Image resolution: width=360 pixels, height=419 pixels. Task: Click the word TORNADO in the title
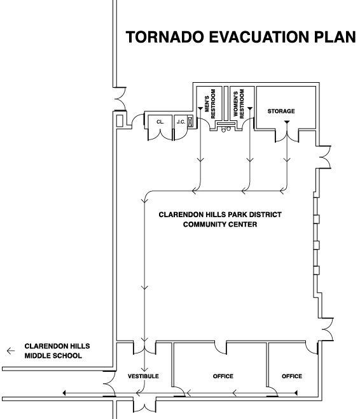tap(165, 37)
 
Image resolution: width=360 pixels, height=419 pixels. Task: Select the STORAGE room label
tap(281, 111)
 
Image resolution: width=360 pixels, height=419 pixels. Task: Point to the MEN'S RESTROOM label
tap(210, 104)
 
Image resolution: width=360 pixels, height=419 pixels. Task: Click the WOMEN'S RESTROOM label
tap(239, 104)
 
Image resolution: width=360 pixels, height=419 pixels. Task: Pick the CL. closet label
tap(160, 122)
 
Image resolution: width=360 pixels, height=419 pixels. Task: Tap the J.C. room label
tap(181, 122)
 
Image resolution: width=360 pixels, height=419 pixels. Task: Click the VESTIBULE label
tap(143, 376)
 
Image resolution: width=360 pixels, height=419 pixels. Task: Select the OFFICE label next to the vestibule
tap(223, 376)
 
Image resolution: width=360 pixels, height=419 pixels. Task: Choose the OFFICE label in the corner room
tap(292, 376)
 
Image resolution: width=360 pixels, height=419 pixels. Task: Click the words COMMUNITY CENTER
tap(220, 224)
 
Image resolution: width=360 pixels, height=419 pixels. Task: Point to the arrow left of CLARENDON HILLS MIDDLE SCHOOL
tap(11, 351)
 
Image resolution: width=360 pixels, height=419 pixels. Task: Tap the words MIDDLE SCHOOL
tap(53, 356)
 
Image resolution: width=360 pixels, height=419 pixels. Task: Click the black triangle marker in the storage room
tap(287, 122)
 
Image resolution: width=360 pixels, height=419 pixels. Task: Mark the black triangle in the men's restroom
tap(200, 108)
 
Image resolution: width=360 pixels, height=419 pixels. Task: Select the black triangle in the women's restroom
tap(250, 108)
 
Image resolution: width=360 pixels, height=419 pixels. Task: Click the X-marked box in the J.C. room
tap(190, 122)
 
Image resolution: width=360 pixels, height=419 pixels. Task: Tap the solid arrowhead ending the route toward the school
tap(64, 393)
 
